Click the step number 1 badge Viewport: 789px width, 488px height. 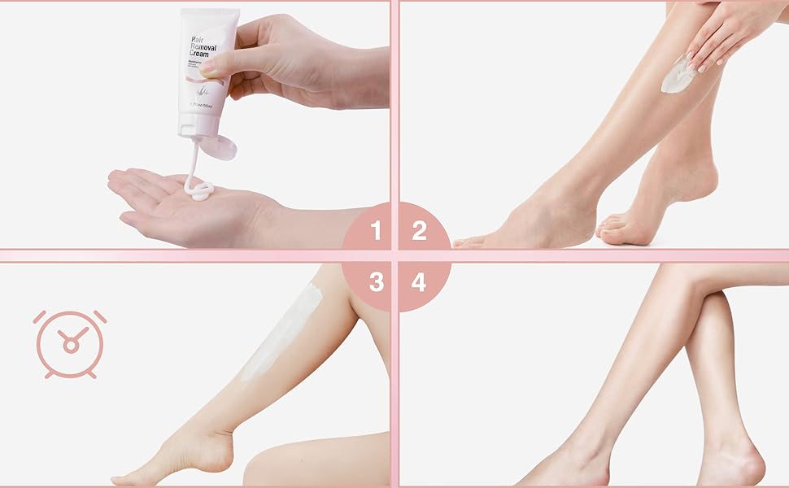click(x=375, y=232)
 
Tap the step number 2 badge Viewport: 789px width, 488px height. click(x=419, y=232)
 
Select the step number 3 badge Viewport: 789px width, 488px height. click(x=376, y=282)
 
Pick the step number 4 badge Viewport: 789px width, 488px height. click(x=419, y=282)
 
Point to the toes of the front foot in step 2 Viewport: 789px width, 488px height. click(x=472, y=242)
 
